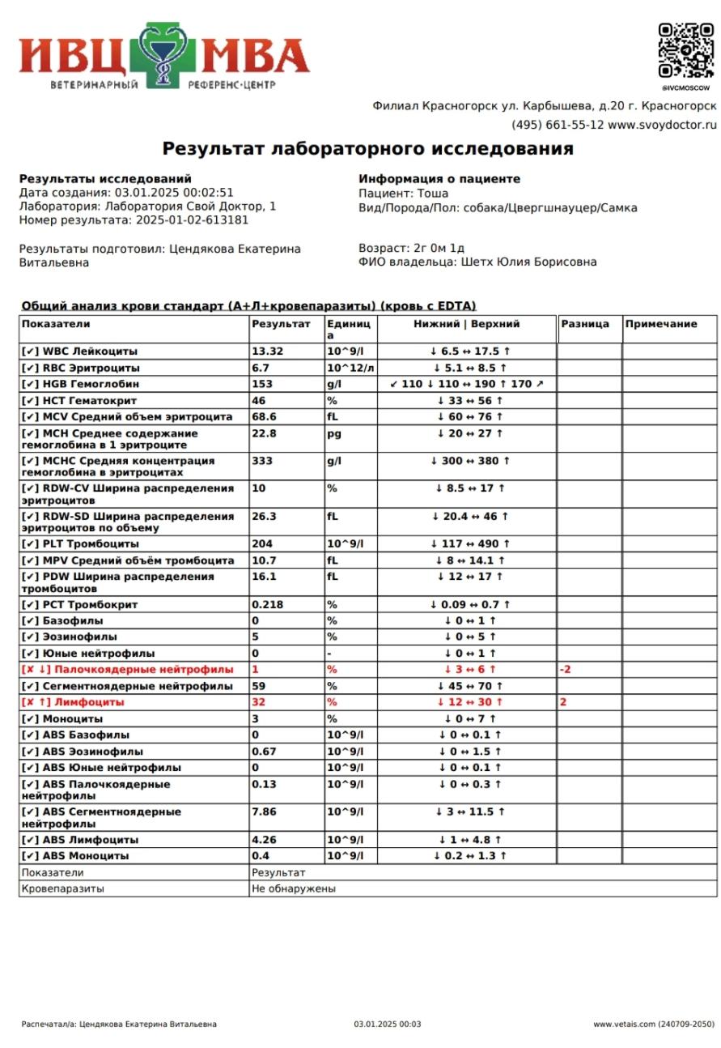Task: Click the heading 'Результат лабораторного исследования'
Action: (367, 149)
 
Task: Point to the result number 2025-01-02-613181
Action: (192, 220)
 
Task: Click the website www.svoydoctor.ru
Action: (662, 125)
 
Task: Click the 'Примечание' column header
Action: (660, 324)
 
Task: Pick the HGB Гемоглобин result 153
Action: (262, 384)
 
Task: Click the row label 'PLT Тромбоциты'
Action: (91, 544)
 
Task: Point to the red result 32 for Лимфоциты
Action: (259, 702)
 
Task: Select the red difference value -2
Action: (566, 670)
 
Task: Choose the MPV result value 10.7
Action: (264, 560)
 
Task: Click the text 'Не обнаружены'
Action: (294, 888)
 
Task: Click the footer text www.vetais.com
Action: (624, 1025)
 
